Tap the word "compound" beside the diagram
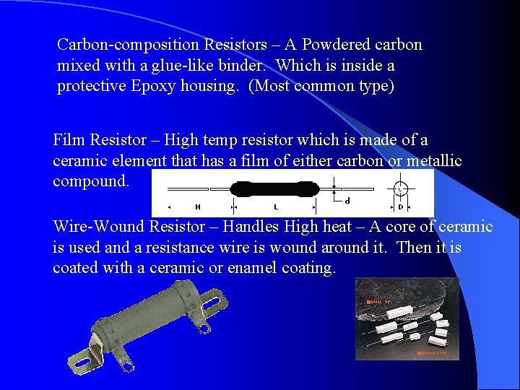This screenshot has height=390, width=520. point(90,181)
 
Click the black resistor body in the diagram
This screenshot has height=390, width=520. point(274,190)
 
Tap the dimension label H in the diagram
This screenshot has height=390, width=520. point(197,207)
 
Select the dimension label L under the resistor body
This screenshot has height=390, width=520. point(275,207)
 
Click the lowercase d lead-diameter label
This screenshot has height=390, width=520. point(348,201)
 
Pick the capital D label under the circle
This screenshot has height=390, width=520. point(401,207)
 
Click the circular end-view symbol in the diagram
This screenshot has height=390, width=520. point(401,190)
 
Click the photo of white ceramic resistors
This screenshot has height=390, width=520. point(407,318)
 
